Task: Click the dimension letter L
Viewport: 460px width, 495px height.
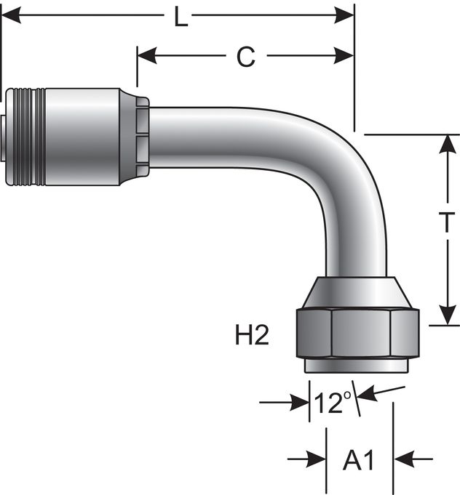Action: click(182, 16)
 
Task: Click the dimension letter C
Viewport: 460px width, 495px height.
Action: click(246, 57)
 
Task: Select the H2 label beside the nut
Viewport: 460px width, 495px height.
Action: click(253, 335)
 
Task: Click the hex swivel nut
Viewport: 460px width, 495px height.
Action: click(352, 332)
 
